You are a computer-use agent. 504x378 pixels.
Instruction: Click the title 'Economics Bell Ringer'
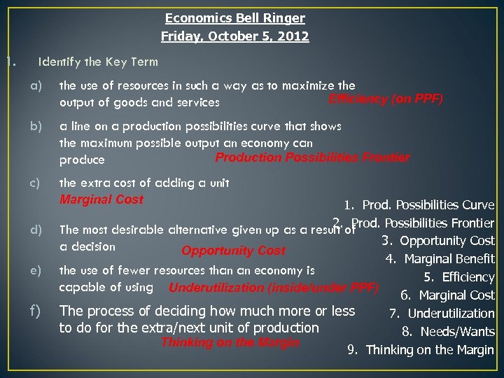pos(234,19)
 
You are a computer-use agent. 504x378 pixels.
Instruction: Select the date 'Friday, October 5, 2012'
pos(234,36)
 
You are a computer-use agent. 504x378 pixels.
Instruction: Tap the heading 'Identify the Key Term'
pos(98,62)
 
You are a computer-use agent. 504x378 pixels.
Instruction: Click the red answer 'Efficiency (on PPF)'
pos(386,99)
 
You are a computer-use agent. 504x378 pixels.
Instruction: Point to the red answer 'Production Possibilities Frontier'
pos(312,157)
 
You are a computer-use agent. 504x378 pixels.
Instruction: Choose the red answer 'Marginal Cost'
pos(101,199)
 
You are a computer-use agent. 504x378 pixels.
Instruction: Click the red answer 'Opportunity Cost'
pos(233,251)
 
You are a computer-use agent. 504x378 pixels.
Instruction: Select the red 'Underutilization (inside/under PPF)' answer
pos(274,288)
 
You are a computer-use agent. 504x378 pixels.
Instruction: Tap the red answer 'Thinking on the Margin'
pos(230,342)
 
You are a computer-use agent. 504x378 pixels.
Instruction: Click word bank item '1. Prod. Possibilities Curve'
pos(419,205)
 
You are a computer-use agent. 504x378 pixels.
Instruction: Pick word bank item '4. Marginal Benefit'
pos(440,259)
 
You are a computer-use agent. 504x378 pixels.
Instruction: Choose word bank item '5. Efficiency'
pos(458,277)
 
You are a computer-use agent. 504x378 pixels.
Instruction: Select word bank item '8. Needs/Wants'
pos(448,332)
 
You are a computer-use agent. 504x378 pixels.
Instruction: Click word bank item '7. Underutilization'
pos(442,314)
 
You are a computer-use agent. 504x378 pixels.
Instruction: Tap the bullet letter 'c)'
pos(36,183)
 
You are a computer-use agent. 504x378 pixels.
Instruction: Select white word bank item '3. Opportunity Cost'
pos(437,241)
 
